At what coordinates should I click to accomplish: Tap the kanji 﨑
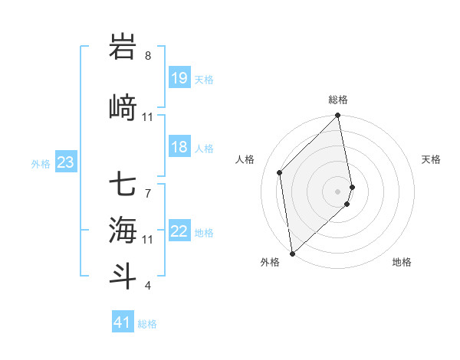point(123,107)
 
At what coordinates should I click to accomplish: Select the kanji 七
point(123,184)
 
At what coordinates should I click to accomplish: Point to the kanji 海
point(123,228)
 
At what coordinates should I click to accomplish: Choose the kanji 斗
point(123,274)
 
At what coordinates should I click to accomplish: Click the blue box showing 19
point(179,77)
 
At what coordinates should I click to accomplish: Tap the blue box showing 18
point(179,147)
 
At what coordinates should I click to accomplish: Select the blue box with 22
point(179,231)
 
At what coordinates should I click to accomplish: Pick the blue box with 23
point(65,162)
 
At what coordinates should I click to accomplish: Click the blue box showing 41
point(123,322)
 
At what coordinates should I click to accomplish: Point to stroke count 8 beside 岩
point(148,56)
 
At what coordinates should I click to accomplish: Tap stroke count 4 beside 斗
point(148,286)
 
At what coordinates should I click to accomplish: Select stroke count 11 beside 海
point(148,240)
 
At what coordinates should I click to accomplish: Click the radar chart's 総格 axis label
point(338,100)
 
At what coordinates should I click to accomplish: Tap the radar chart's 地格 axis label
point(402,263)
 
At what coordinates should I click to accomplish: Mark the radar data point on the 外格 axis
point(292,253)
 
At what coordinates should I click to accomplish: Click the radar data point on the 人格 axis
point(280,172)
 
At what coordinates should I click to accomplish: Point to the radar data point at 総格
point(338,116)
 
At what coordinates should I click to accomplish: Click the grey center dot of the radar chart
point(338,191)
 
